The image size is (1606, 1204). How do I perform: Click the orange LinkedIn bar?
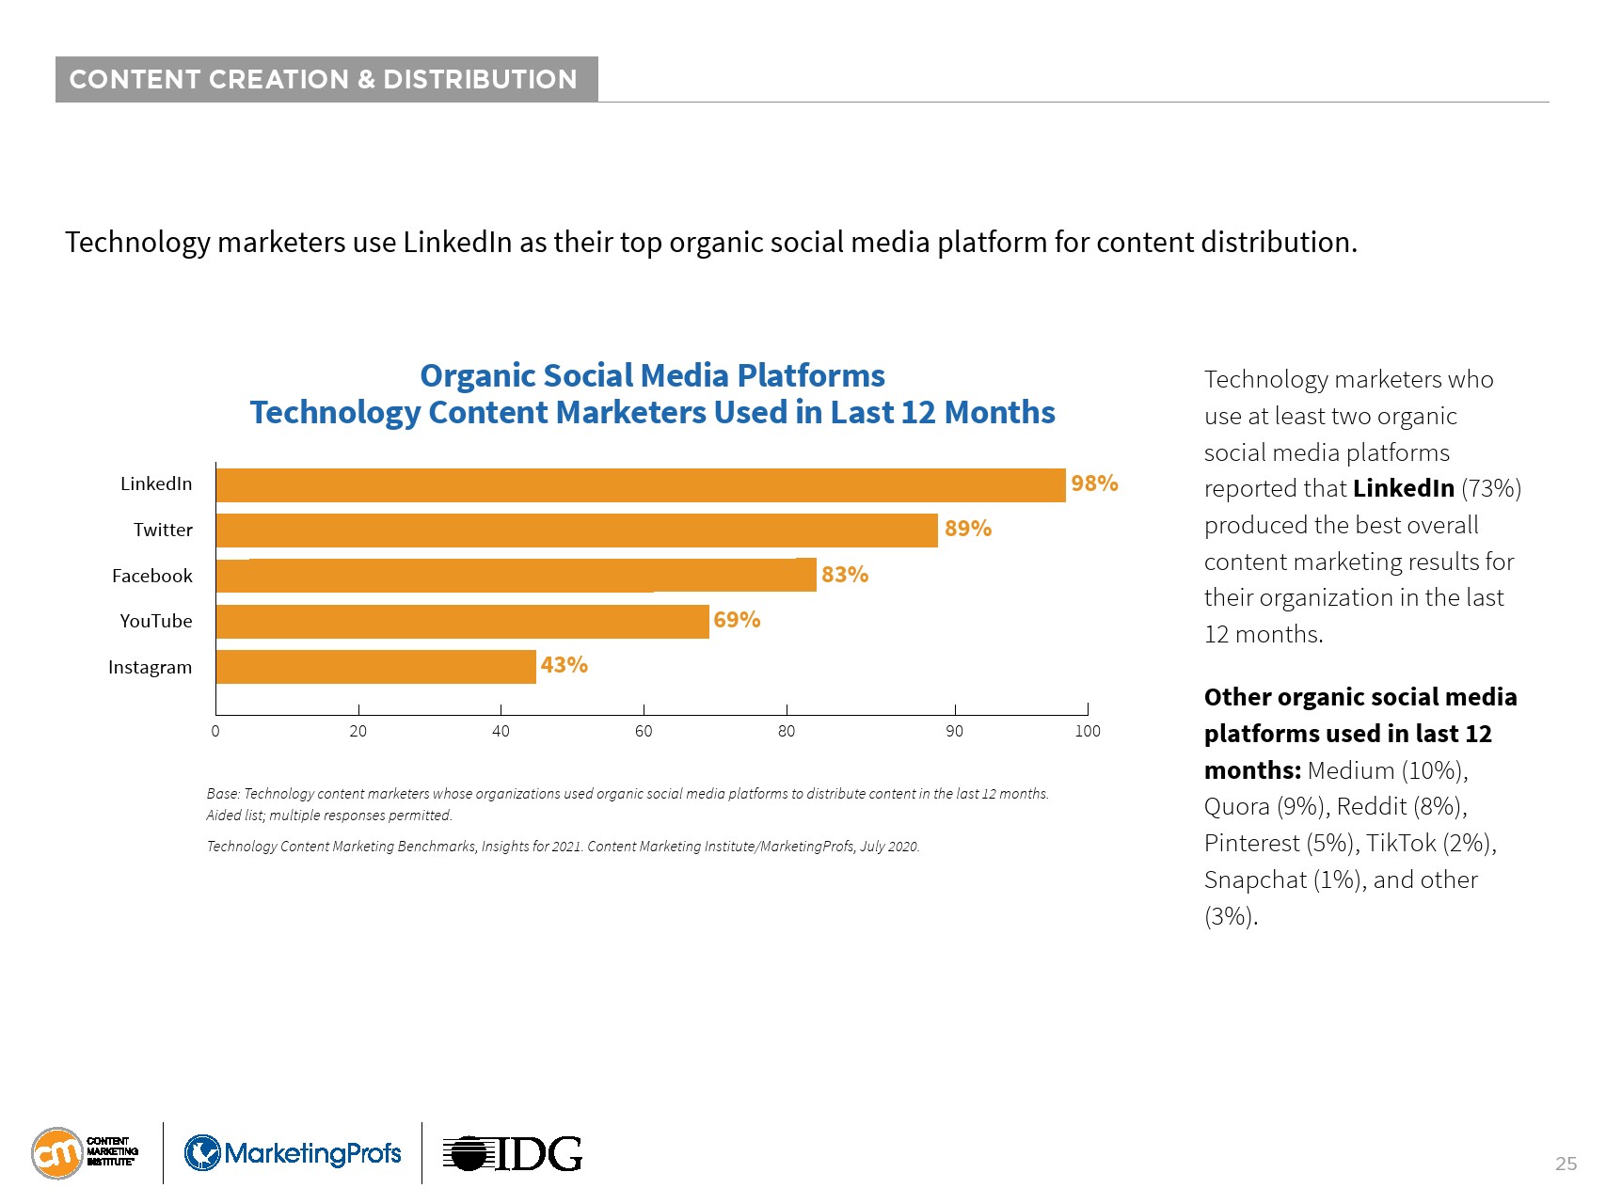click(x=640, y=485)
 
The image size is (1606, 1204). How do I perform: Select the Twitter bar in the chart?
click(x=576, y=531)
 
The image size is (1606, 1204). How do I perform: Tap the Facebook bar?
click(x=516, y=576)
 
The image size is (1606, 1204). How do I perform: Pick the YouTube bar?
click(x=461, y=622)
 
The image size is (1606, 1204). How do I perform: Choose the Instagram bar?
click(x=375, y=667)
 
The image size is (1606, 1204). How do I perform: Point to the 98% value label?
click(x=1094, y=483)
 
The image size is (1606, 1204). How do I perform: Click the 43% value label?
click(x=564, y=665)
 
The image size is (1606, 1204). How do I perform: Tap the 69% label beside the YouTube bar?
click(x=737, y=620)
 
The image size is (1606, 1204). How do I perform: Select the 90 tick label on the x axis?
click(x=954, y=732)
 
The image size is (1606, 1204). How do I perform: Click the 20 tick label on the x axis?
click(x=358, y=732)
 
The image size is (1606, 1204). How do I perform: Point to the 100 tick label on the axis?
click(x=1087, y=732)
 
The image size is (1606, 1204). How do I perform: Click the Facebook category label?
click(x=151, y=576)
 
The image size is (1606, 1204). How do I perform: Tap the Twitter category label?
click(x=163, y=530)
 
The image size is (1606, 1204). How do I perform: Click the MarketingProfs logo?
click(x=293, y=1153)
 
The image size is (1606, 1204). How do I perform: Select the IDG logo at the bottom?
click(x=512, y=1153)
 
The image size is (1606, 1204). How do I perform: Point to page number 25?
click(x=1566, y=1164)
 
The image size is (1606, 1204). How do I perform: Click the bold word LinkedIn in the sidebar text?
click(x=1403, y=488)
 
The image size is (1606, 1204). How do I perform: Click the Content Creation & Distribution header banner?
click(x=326, y=79)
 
